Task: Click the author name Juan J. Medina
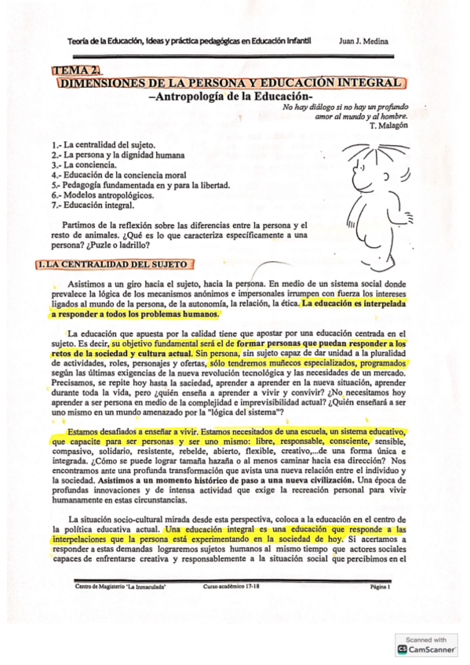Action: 364,41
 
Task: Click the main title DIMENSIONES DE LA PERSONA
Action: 231,82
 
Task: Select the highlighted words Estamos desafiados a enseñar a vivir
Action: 134,432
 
